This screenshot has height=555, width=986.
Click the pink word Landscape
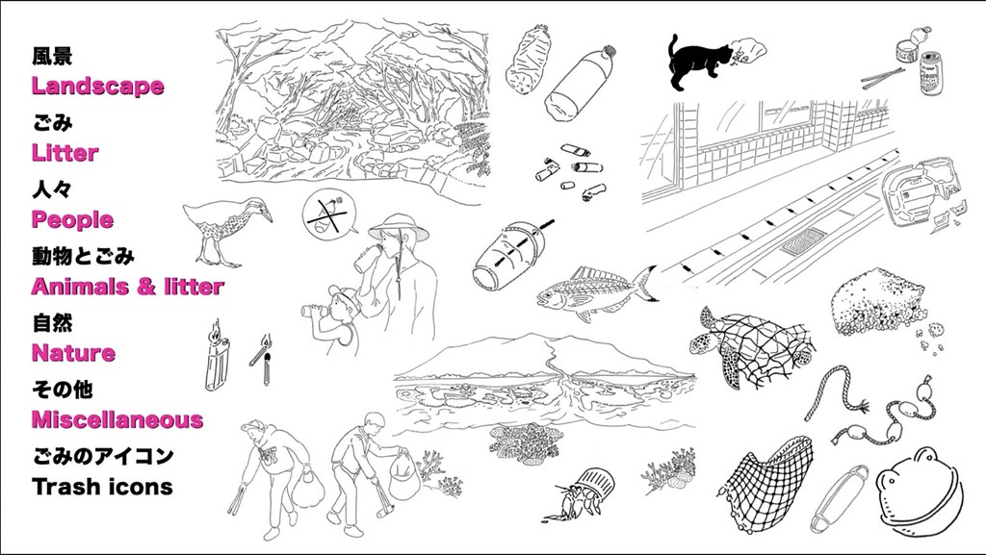(x=97, y=86)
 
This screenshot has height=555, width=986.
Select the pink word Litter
(x=65, y=153)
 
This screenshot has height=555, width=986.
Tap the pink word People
(x=72, y=219)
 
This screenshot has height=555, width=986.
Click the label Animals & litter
(x=128, y=287)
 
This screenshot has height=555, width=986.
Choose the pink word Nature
(x=73, y=353)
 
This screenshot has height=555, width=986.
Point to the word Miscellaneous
(x=117, y=419)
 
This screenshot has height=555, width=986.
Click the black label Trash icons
(x=102, y=487)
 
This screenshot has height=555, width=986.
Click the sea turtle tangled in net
(x=748, y=345)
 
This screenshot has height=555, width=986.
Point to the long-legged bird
(x=226, y=226)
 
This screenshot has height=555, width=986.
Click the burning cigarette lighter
(x=217, y=357)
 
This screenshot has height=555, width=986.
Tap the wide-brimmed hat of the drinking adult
(x=399, y=227)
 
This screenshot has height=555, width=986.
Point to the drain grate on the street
(x=804, y=241)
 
